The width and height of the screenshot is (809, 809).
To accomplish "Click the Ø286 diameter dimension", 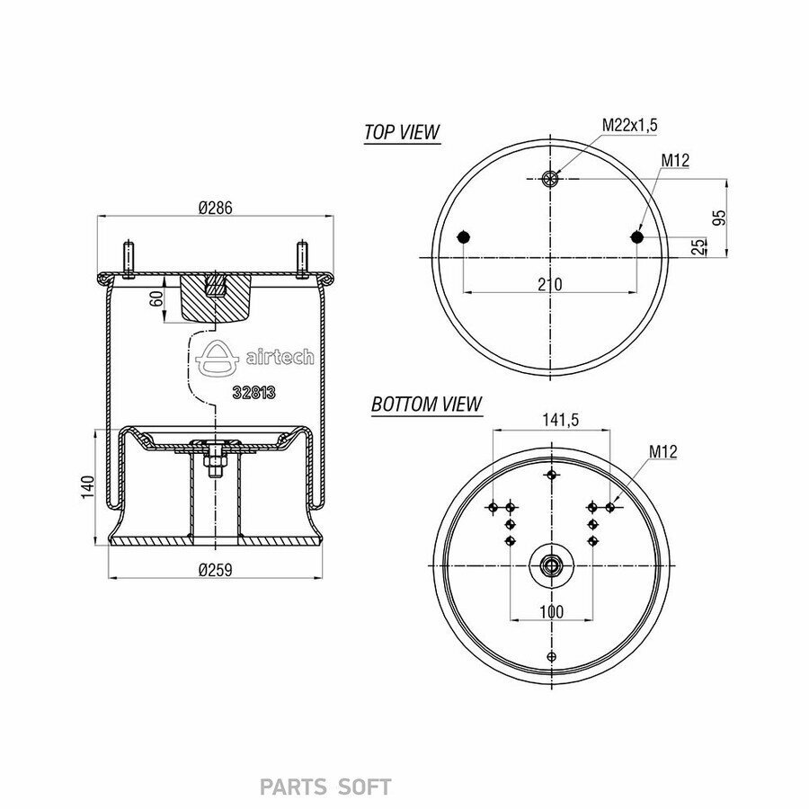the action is pyautogui.click(x=216, y=208).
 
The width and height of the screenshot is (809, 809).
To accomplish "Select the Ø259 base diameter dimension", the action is pyautogui.click(x=216, y=570).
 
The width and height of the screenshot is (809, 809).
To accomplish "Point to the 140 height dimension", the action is pyautogui.click(x=88, y=487).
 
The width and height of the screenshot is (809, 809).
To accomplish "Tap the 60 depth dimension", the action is pyautogui.click(x=156, y=298).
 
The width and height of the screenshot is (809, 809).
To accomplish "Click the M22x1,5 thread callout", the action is pyautogui.click(x=630, y=125).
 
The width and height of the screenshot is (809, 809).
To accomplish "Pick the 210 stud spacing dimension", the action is pyautogui.click(x=550, y=284).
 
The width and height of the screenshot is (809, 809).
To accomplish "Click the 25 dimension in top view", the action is pyautogui.click(x=698, y=246).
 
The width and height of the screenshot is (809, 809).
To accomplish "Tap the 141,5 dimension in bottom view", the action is pyautogui.click(x=560, y=420).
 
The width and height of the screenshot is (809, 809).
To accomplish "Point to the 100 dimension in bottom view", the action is pyautogui.click(x=552, y=612).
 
